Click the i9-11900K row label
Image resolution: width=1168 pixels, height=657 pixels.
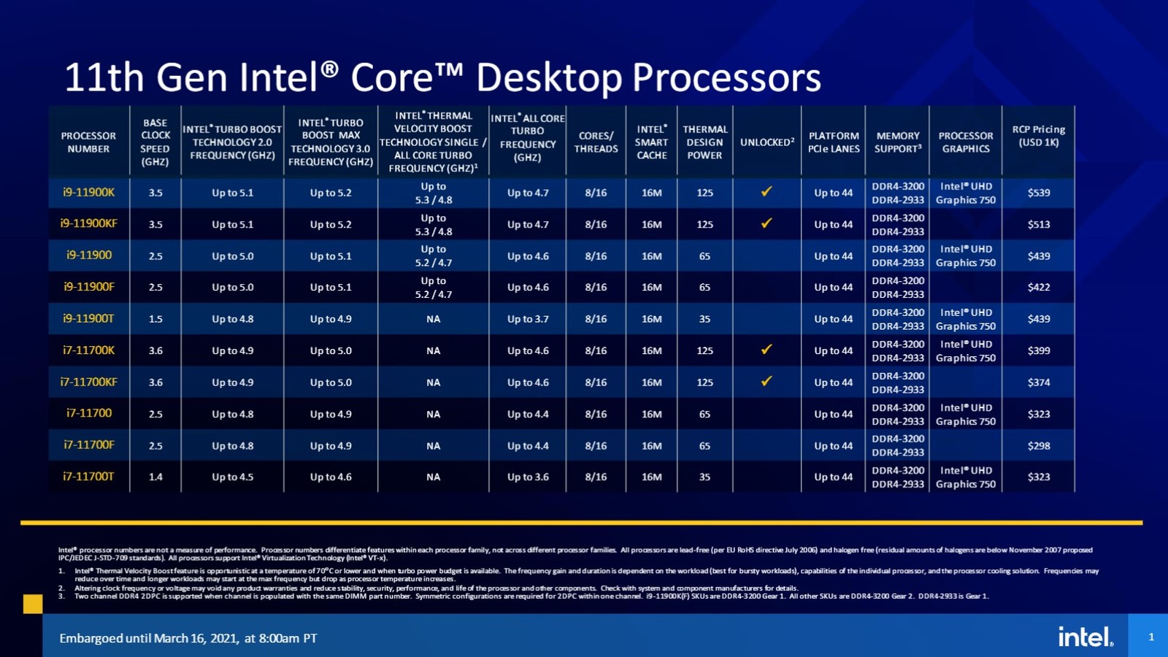coord(88,193)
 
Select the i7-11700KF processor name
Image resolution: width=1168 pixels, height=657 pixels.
coord(88,382)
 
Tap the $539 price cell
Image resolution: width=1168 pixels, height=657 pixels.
coord(1038,193)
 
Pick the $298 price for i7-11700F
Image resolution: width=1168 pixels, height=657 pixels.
coord(1038,445)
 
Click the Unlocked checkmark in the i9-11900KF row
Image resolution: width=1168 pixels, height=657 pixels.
coord(766,223)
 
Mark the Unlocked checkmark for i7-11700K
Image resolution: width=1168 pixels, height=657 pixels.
coord(766,350)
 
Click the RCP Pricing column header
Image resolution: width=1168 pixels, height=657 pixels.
coord(1038,136)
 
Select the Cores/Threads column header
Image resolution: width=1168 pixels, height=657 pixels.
coord(596,142)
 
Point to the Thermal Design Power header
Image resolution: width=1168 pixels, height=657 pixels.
coord(704,142)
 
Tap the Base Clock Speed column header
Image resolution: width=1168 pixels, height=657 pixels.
coord(155,142)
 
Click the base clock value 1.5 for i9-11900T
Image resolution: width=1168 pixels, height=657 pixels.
coord(155,319)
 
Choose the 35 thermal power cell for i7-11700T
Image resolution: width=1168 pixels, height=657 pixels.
coord(704,477)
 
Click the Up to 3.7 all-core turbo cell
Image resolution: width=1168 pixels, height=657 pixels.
coord(528,319)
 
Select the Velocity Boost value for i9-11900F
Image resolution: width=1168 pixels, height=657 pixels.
coord(433,288)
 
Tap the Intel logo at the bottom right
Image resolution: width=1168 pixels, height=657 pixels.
coord(1086,637)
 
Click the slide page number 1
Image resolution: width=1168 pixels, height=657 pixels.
coord(1151,637)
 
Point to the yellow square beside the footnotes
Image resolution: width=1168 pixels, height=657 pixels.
coord(33,604)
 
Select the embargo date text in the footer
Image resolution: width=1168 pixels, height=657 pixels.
coord(188,638)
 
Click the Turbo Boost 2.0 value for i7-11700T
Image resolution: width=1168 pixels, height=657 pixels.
coord(232,477)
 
